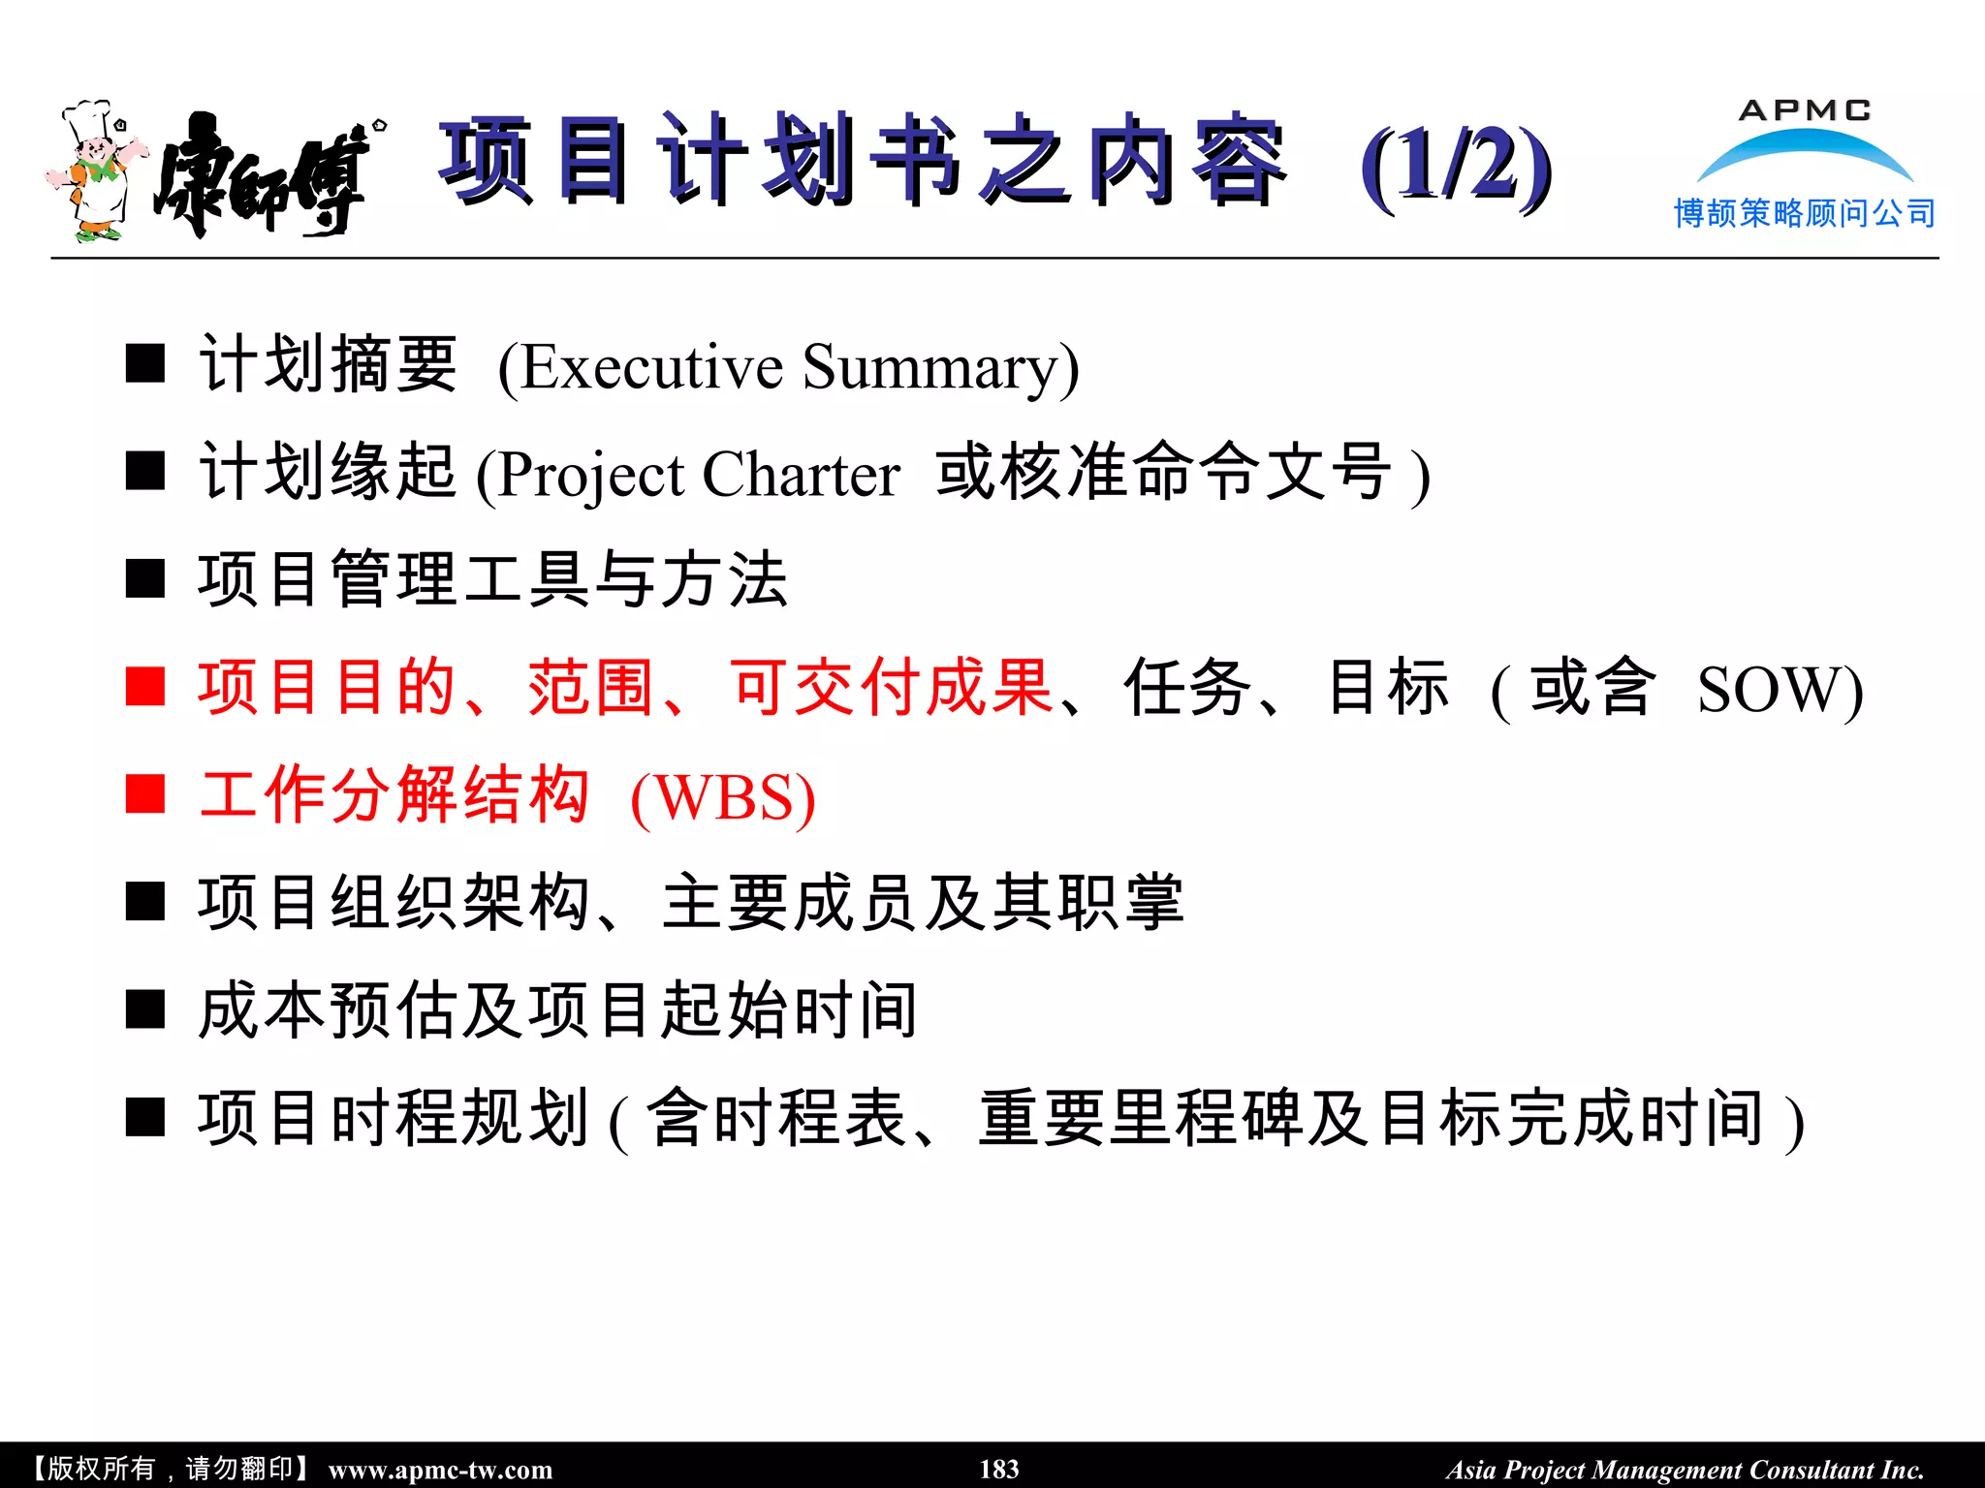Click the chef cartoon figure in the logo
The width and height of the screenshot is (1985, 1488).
[94, 171]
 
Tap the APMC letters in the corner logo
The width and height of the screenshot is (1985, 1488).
[1805, 110]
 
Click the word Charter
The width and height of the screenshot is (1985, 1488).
[801, 475]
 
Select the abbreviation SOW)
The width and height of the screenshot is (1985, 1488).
[1780, 690]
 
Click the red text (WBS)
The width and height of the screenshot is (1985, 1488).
[723, 798]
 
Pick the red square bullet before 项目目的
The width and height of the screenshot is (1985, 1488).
[145, 687]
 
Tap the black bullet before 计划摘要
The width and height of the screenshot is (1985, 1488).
[145, 364]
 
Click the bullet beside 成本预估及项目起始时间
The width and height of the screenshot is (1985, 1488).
[145, 1009]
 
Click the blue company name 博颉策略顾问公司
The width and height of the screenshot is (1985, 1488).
[1805, 213]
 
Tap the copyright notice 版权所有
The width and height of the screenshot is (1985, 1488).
[101, 1469]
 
